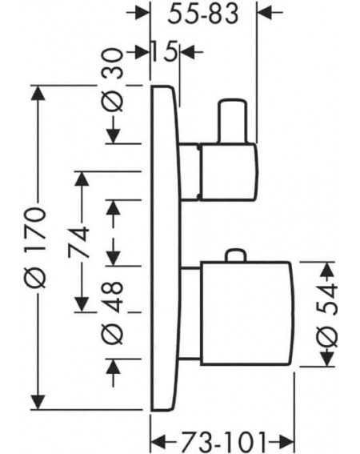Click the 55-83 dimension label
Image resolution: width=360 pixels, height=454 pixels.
coord(203,14)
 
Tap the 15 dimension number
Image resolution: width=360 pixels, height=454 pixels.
coord(164,51)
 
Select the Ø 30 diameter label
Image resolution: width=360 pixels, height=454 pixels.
coord(112,80)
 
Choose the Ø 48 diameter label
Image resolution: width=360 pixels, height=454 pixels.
coord(112,311)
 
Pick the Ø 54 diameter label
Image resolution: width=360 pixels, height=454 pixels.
coord(327,315)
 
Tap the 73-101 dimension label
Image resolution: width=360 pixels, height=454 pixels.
coord(223,442)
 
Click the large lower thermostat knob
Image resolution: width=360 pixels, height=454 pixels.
coord(246,313)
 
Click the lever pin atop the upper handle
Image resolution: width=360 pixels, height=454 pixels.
coord(234,121)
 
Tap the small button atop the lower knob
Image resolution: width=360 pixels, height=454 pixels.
coord(236,255)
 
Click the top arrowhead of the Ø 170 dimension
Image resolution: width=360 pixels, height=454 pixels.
coord(38,93)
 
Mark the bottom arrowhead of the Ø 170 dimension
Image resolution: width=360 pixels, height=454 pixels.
coord(38,402)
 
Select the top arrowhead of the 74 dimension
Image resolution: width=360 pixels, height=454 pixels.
coord(82,179)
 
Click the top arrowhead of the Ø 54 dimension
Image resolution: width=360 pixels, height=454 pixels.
coord(327,269)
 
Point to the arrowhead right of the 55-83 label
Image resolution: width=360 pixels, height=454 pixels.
coord(265,13)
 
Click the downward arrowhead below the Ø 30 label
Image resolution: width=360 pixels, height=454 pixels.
coord(113,136)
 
